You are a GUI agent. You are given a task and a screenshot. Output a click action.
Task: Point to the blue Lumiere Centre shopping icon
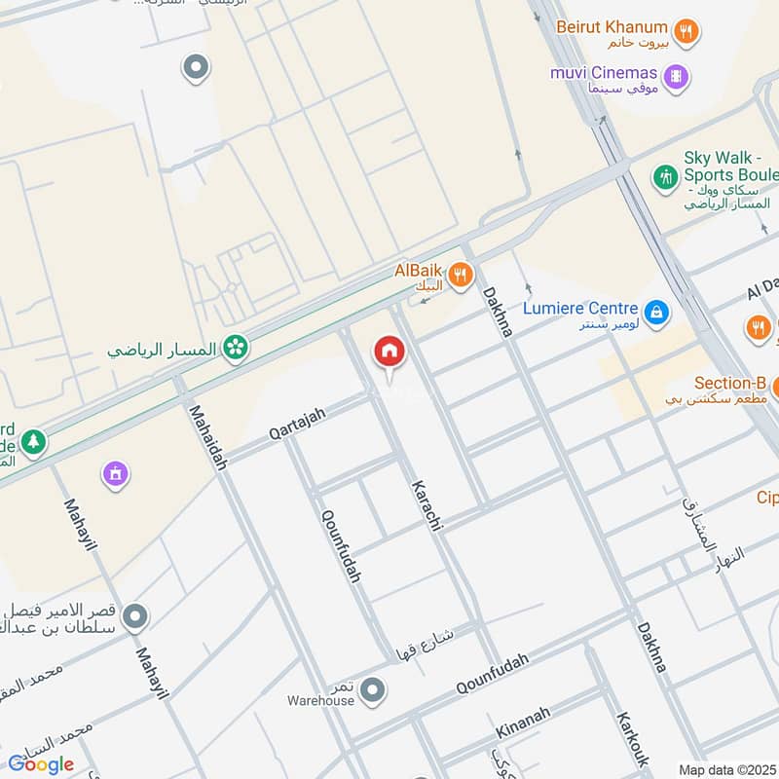pos(656,311)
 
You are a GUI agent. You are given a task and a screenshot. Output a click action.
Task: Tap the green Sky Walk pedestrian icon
pos(665,178)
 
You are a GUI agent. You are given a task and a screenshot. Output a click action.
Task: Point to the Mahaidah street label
pos(207,438)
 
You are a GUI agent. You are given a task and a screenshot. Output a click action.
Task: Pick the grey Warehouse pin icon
pos(371,691)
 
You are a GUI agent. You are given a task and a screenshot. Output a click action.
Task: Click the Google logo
pos(41,764)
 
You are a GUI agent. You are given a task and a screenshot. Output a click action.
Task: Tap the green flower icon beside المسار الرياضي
pos(235,347)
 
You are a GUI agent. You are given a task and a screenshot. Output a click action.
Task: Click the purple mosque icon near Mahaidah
pos(116,474)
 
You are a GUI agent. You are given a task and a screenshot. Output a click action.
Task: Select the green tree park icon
pos(33,441)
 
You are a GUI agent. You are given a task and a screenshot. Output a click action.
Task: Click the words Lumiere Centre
pos(580,308)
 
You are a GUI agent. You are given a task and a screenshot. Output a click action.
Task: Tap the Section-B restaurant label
pos(729,384)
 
